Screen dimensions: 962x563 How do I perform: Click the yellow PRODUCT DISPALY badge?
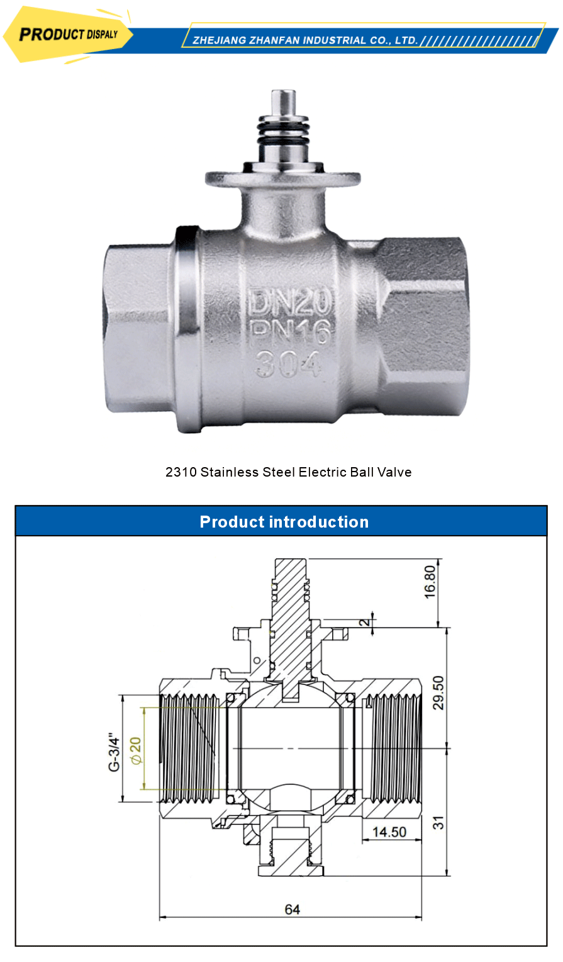[68, 35]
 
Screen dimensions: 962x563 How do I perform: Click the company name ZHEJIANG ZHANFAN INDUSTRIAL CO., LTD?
[305, 40]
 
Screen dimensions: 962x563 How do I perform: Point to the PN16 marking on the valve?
[290, 332]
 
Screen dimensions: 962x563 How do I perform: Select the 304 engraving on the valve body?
[289, 364]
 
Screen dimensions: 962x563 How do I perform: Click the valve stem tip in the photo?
[284, 102]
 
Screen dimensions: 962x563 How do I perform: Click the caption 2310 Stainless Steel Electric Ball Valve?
[288, 472]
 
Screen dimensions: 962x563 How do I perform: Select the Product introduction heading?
[284, 522]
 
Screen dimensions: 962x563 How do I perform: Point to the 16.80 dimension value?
[430, 581]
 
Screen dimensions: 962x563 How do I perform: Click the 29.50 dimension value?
[438, 693]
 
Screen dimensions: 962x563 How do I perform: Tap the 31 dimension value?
[438, 822]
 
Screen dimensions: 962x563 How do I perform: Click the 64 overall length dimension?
[292, 909]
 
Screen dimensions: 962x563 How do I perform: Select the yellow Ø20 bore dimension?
[135, 750]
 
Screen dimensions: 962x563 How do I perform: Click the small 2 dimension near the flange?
[363, 623]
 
